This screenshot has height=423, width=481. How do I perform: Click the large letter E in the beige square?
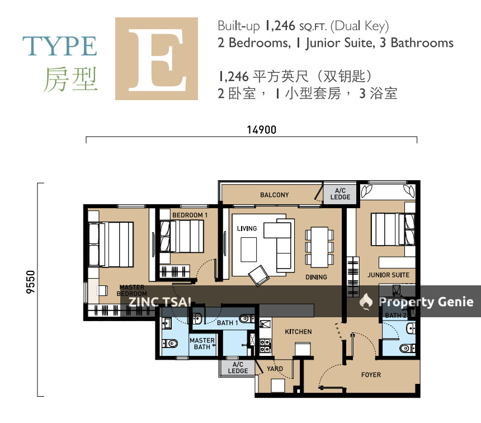click(x=157, y=59)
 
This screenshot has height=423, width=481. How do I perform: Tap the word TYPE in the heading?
click(x=60, y=46)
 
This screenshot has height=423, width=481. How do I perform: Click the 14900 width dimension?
click(x=262, y=130)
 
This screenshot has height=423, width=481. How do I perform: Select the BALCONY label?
click(x=275, y=195)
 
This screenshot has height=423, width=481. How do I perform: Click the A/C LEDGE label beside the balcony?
click(x=340, y=194)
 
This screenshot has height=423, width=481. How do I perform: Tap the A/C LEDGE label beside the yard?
click(x=238, y=368)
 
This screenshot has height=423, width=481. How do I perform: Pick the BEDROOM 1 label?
click(x=190, y=215)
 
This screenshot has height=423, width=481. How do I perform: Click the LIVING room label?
click(x=247, y=228)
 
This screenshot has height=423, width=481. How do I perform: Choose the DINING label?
click(x=316, y=277)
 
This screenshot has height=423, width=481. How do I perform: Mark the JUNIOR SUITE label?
click(x=388, y=275)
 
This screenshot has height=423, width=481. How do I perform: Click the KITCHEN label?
click(x=298, y=332)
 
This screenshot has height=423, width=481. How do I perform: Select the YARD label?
click(x=275, y=369)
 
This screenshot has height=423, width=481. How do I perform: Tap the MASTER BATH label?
click(x=202, y=344)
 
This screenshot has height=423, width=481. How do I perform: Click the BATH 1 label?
click(x=228, y=323)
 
